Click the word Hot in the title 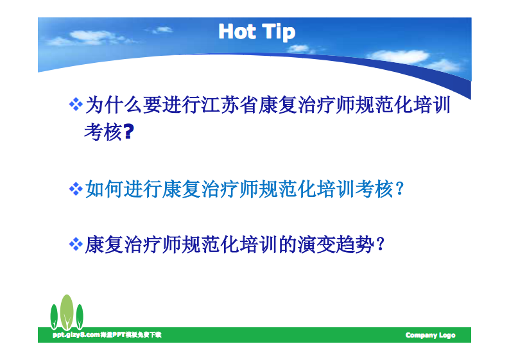[x=237, y=31]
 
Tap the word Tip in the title [x=279, y=32]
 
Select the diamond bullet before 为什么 [x=76, y=103]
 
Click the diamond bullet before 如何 [x=76, y=189]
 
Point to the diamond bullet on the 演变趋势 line [x=76, y=244]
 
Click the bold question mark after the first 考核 [x=128, y=133]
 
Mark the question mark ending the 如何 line [x=399, y=190]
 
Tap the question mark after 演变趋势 [x=381, y=245]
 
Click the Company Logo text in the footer [x=430, y=336]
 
